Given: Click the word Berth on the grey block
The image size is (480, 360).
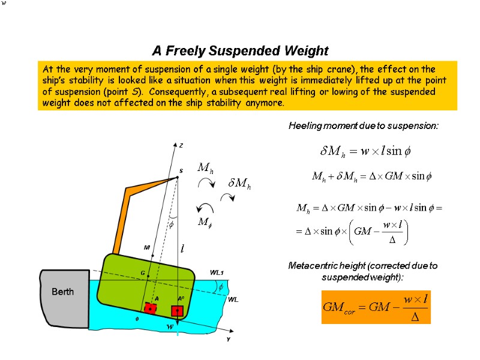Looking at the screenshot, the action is click(62, 292).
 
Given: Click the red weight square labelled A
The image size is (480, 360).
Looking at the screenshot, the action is click(150, 308).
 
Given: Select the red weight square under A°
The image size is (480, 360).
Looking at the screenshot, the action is click(177, 311).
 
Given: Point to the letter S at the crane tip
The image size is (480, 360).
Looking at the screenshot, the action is click(180, 171).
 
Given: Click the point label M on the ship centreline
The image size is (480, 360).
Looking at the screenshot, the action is click(146, 247).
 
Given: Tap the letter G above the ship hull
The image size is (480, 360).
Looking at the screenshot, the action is click(143, 273).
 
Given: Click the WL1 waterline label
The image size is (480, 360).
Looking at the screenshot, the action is click(217, 273).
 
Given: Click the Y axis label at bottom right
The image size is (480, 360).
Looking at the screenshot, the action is click(227, 339).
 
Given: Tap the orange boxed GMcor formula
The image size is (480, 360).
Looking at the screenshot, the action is click(376, 307).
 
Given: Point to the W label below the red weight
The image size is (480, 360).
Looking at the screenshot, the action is click(170, 327).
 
